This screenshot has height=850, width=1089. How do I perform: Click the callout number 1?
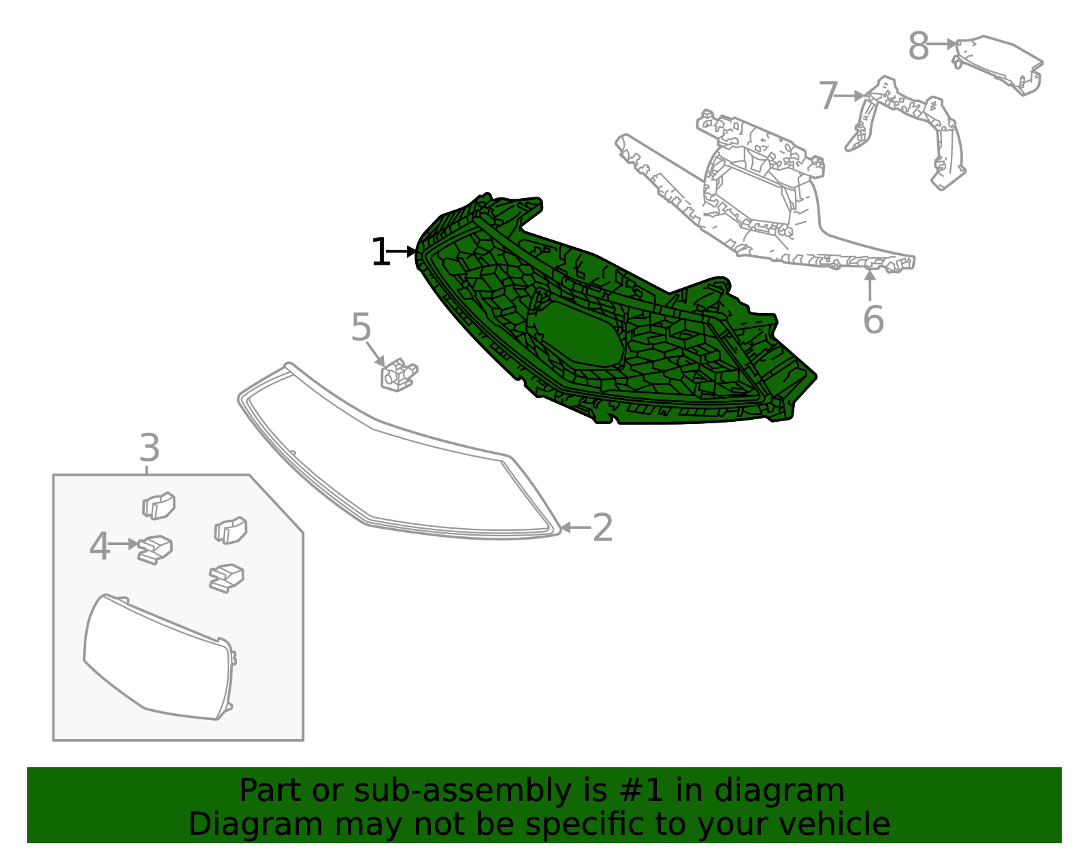pyautogui.click(x=379, y=252)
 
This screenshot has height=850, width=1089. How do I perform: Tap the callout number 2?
pyautogui.click(x=602, y=528)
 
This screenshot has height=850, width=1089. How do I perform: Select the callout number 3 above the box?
pyautogui.click(x=149, y=448)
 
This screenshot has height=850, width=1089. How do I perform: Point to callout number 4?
pyautogui.click(x=99, y=546)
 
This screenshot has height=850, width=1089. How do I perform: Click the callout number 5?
pyautogui.click(x=361, y=328)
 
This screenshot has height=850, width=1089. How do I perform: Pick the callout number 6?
pyautogui.click(x=873, y=320)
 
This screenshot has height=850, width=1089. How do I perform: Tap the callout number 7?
pyautogui.click(x=827, y=96)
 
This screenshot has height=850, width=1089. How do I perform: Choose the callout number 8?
pyautogui.click(x=918, y=47)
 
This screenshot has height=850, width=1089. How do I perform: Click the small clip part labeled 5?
pyautogui.click(x=398, y=375)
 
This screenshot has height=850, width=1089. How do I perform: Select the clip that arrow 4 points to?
pyautogui.click(x=155, y=549)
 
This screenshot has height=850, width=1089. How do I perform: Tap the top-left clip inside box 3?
pyautogui.click(x=159, y=506)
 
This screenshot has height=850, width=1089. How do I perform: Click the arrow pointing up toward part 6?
pyautogui.click(x=870, y=284)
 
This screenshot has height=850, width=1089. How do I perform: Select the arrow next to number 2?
pyautogui.click(x=573, y=527)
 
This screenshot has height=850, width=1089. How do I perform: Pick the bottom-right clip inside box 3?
pyautogui.click(x=226, y=577)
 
